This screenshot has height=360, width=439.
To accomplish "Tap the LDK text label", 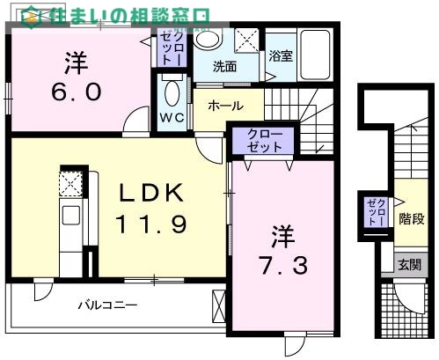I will pyautogui.click(x=147, y=192).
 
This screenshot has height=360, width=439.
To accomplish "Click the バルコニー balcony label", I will pyautogui.click(x=106, y=306).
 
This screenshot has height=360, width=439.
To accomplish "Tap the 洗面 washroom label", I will pyautogui.click(x=225, y=65).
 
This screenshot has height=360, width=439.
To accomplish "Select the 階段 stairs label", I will pyautogui.click(x=410, y=217).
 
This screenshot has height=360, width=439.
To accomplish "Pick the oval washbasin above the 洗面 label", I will pyautogui.click(x=207, y=40).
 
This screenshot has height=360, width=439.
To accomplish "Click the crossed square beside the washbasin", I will pyautogui.click(x=249, y=41).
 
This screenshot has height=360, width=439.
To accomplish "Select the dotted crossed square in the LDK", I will pyautogui.click(x=70, y=184).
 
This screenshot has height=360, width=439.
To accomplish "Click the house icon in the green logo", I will pyautogui.click(x=30, y=16).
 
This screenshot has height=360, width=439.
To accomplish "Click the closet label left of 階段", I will pyautogui.click(x=374, y=214).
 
